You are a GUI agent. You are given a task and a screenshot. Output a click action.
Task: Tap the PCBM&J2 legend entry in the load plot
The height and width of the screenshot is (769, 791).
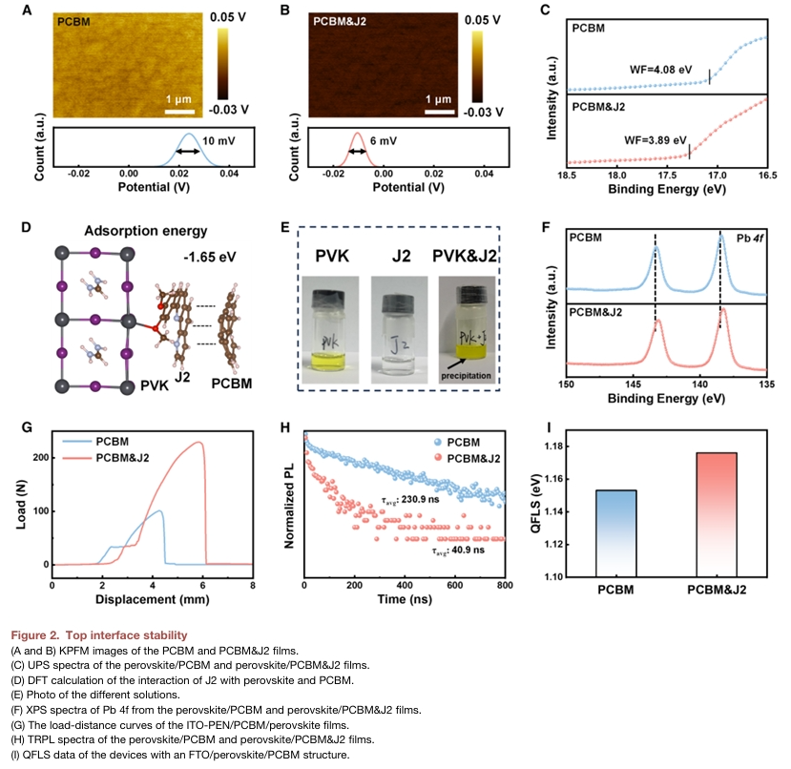point(125,458)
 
